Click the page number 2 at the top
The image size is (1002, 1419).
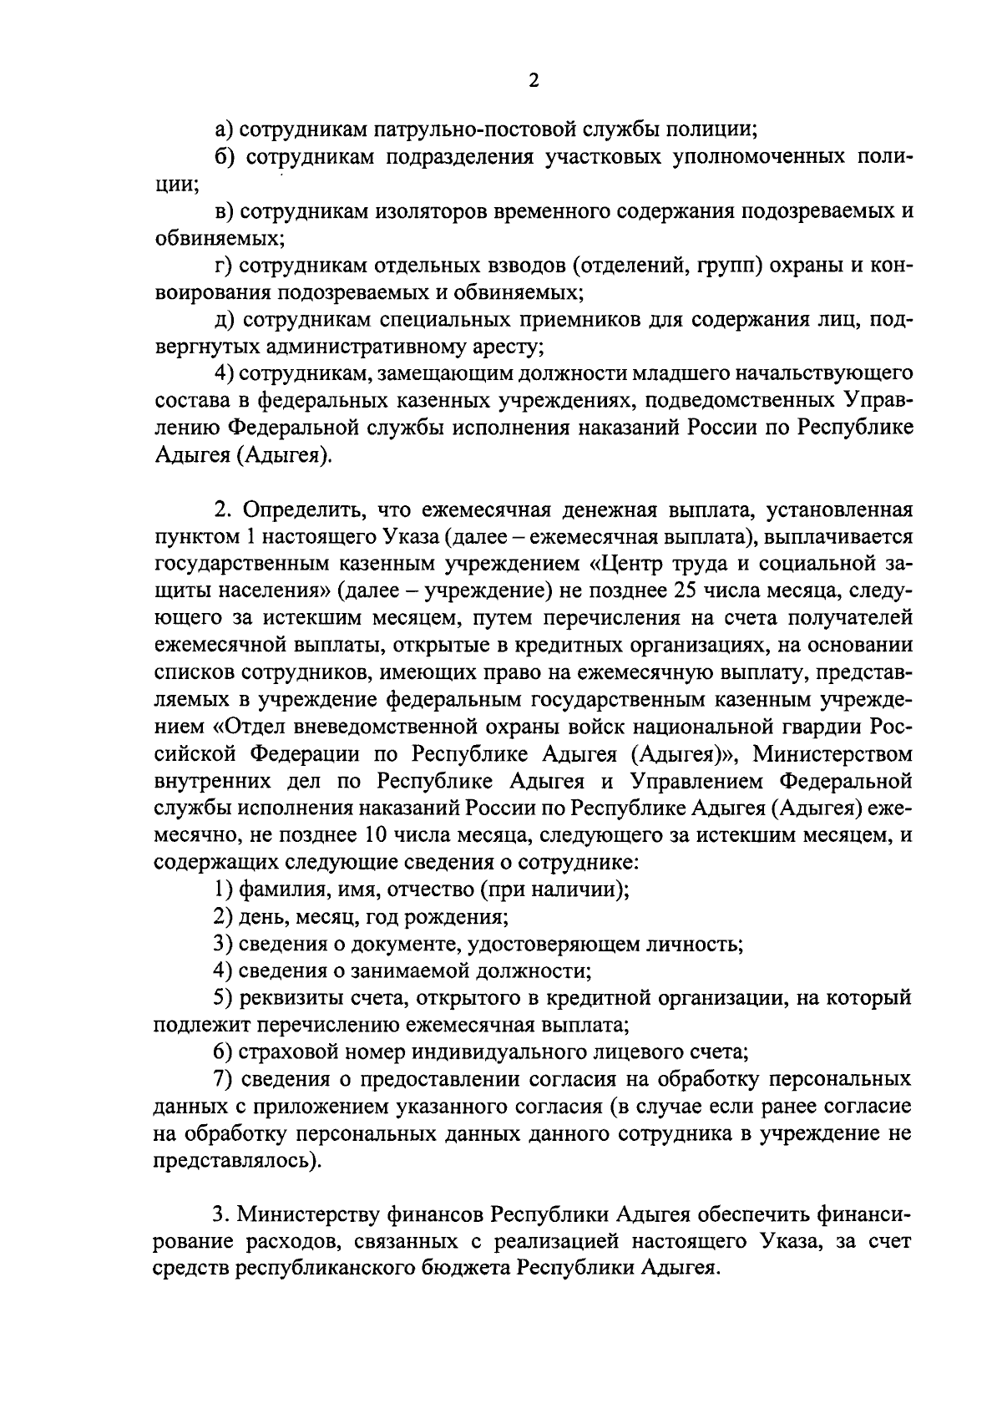tap(534, 80)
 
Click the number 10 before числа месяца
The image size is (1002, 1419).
tap(377, 834)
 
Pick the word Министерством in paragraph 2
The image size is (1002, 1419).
tap(832, 753)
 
